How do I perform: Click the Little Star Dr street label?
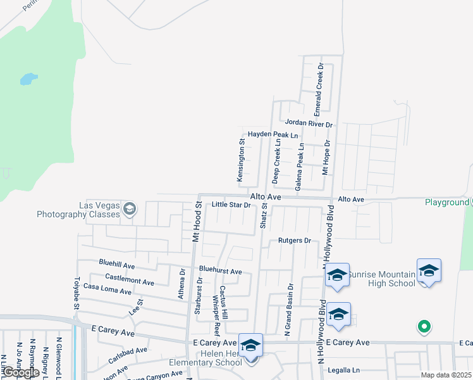(231, 205)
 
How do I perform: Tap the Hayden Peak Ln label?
(273, 135)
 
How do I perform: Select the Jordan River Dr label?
(308, 123)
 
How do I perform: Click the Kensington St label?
(241, 161)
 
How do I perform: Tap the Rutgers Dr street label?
(295, 241)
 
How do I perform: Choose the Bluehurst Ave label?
(221, 271)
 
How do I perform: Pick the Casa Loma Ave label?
(107, 289)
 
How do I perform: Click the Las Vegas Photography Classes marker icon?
(130, 209)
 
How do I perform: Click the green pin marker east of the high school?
(424, 327)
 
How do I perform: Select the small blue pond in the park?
(28, 79)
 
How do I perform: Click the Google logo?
(20, 373)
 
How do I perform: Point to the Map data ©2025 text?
(446, 375)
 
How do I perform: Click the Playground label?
(446, 203)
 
